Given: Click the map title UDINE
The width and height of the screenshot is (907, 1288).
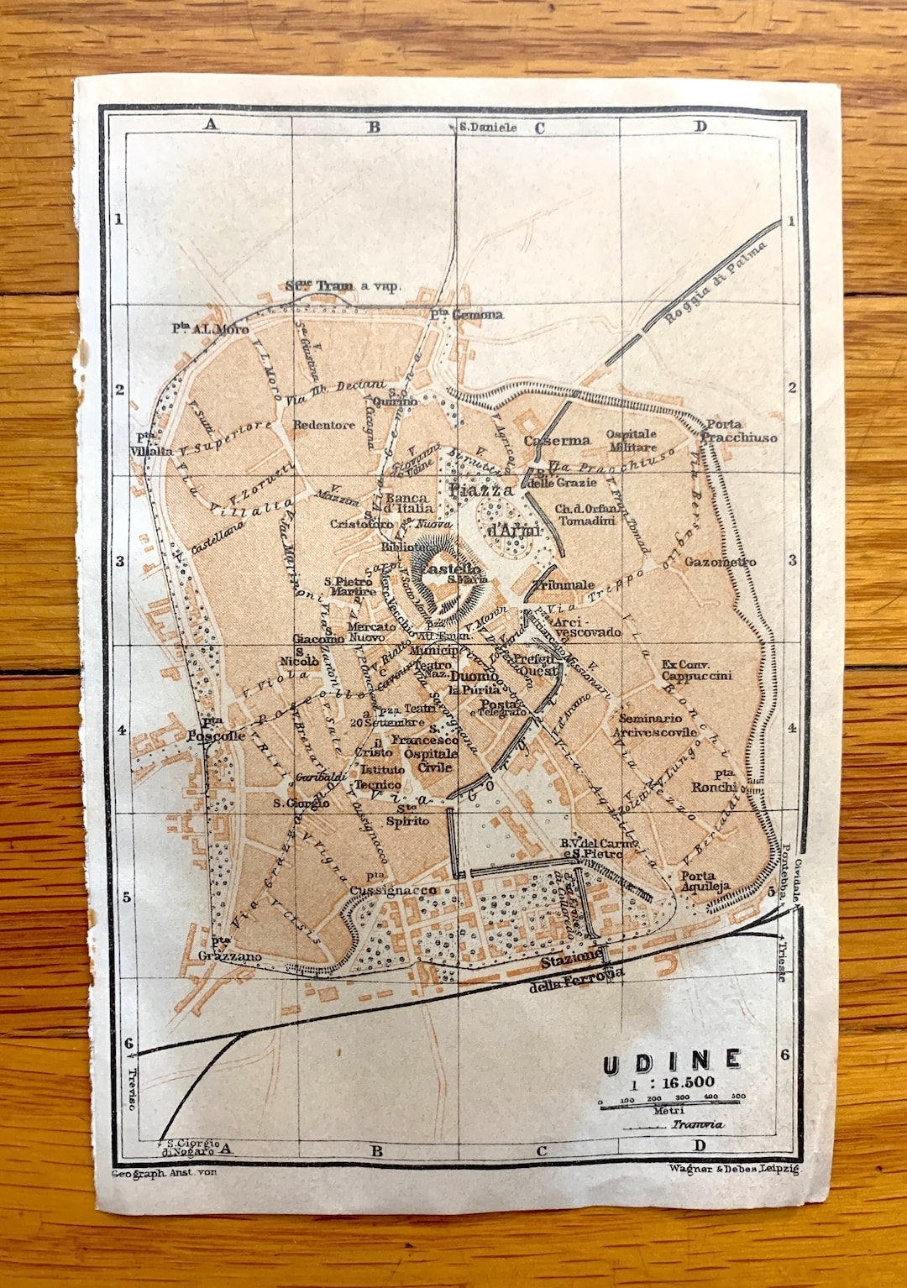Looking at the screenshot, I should (672, 1062).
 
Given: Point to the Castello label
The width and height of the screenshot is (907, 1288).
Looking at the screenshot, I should (450, 568).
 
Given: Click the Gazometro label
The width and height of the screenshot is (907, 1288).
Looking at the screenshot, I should (720, 562).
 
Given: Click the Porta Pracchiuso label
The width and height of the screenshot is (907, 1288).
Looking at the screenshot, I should (737, 431).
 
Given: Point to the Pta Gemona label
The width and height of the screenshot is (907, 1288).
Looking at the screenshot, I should (467, 314).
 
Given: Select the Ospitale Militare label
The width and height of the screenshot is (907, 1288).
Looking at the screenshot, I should (632, 440).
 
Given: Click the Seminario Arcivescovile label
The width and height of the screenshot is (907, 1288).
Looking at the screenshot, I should (654, 725).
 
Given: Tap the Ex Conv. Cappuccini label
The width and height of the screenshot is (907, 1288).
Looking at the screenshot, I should (696, 670).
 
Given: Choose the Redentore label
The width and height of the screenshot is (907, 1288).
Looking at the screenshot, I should (323, 425).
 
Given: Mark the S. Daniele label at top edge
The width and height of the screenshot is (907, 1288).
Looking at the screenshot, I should (487, 127).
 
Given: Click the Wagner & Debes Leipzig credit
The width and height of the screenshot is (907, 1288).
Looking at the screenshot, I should (734, 1168).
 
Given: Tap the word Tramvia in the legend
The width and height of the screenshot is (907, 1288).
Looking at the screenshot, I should (696, 1123).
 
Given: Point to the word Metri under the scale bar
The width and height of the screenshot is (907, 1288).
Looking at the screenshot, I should (668, 1110).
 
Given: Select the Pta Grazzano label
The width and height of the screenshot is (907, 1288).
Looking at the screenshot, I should (228, 950).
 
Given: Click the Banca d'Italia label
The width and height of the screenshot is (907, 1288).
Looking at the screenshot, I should (408, 503).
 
